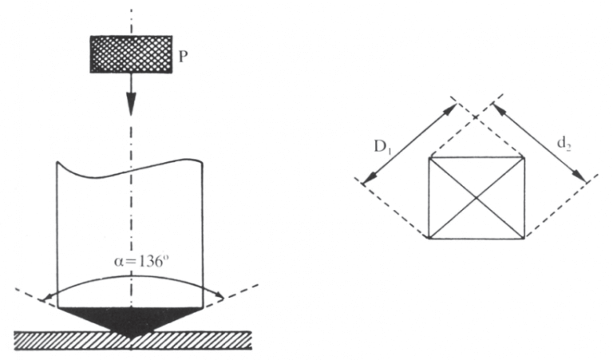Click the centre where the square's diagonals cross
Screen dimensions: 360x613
click(477, 197)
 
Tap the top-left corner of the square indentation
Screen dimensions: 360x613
click(429, 157)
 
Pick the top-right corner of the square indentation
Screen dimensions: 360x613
click(524, 157)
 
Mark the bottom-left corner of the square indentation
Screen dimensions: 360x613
click(429, 237)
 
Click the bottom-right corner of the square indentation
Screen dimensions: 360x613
click(524, 237)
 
